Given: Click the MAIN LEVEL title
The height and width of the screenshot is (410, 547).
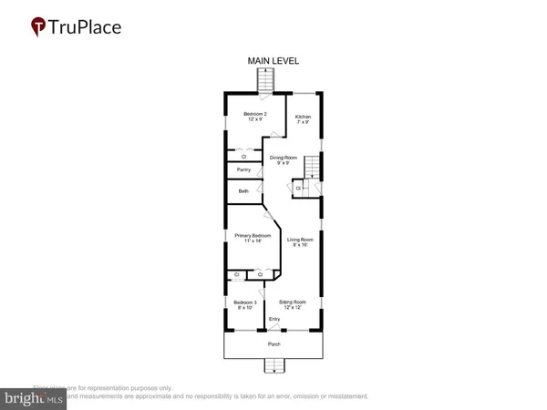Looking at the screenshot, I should (273, 61).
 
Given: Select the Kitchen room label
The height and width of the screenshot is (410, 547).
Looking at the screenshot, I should (303, 117).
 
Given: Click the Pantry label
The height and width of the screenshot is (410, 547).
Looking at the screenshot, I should (243, 169).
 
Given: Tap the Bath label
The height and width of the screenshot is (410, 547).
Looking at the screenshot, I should (243, 191).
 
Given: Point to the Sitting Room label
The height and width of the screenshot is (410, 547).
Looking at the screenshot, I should (292, 302).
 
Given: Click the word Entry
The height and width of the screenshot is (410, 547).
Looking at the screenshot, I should (273, 318).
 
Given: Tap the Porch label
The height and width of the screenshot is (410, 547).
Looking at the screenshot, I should (273, 344).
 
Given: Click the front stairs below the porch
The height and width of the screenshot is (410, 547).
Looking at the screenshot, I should (273, 366).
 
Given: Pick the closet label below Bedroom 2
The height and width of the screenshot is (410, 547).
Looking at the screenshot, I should (243, 156).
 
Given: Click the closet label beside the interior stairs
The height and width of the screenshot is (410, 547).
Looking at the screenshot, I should (298, 189).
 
